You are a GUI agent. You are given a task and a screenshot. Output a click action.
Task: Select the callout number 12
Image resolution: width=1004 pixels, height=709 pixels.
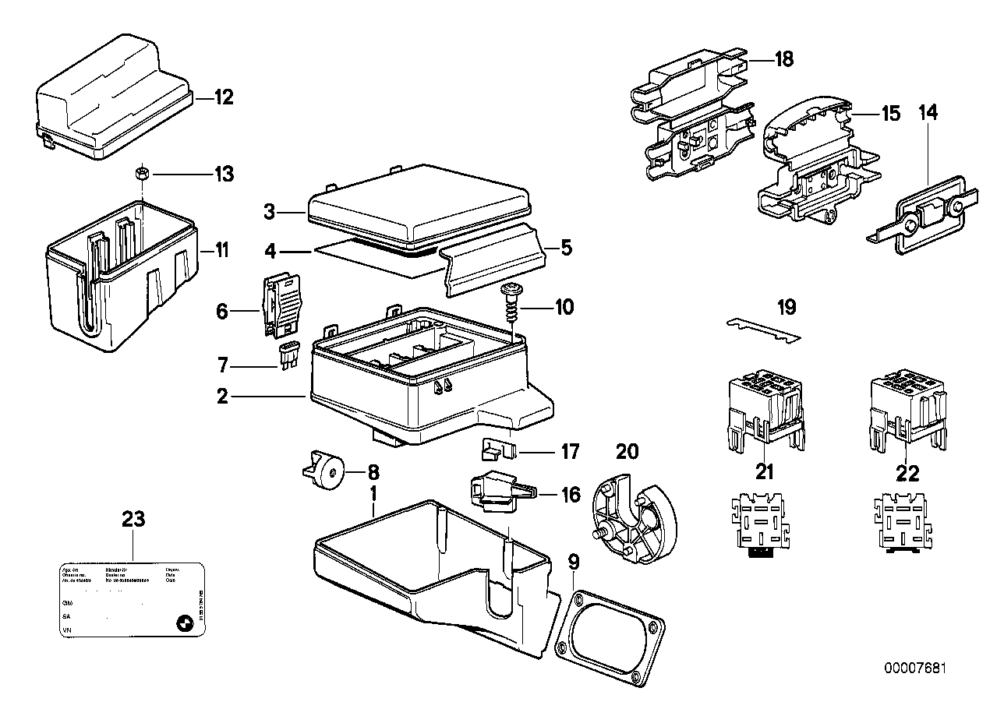224,98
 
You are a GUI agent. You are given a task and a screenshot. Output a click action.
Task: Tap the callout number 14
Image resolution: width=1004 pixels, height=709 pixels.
928,113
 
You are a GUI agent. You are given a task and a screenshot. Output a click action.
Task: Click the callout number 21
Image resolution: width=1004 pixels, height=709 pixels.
765,473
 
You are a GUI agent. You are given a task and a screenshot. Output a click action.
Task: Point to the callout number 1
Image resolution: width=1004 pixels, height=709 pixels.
373,493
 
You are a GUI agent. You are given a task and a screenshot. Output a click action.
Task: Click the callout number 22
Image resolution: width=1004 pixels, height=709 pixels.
908,473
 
